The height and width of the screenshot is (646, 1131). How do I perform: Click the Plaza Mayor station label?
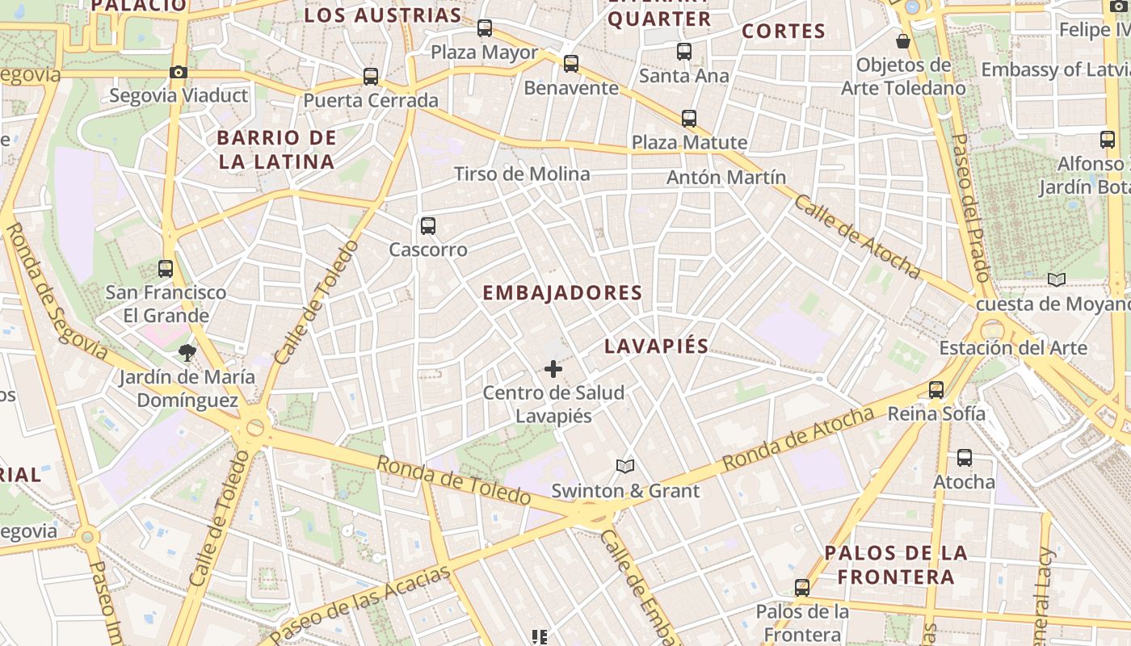point(484,52)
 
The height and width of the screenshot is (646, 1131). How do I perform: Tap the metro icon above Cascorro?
point(428,226)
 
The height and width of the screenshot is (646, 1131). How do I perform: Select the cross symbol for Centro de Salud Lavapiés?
point(553,369)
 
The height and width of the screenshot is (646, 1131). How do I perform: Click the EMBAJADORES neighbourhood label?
point(562,293)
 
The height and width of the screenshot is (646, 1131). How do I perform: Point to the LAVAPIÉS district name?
point(657,346)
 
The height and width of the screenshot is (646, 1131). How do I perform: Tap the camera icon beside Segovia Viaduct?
point(179,73)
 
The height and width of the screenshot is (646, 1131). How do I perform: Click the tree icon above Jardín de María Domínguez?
point(187,352)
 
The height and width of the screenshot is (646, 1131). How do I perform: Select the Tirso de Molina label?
point(522,174)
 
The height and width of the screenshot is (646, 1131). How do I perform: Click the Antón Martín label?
point(726,177)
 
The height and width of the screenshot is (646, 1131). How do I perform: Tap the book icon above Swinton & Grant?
point(625,466)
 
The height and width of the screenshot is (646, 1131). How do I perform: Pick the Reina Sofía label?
point(936,413)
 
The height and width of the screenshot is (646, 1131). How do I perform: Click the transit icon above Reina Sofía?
point(936,390)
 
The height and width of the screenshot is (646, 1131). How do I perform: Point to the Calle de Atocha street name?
point(856,236)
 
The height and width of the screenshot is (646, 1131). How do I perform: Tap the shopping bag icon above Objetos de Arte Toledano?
point(903,40)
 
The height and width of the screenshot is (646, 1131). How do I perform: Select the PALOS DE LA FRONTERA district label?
point(896,564)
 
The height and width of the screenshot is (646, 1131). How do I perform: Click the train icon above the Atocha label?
point(964,458)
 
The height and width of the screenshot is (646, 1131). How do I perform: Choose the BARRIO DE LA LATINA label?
point(276,149)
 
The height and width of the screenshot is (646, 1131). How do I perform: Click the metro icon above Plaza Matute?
point(689,119)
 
